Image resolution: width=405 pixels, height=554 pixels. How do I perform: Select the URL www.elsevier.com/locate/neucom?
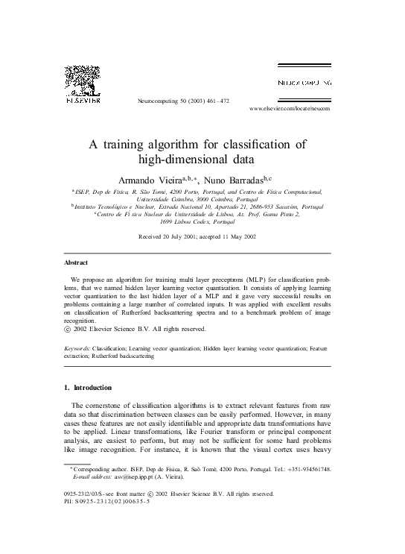coord(289,109)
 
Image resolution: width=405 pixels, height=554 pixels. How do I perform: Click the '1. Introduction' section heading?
coord(87,388)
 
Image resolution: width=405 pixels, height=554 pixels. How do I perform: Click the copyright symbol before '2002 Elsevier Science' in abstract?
coord(68,329)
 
